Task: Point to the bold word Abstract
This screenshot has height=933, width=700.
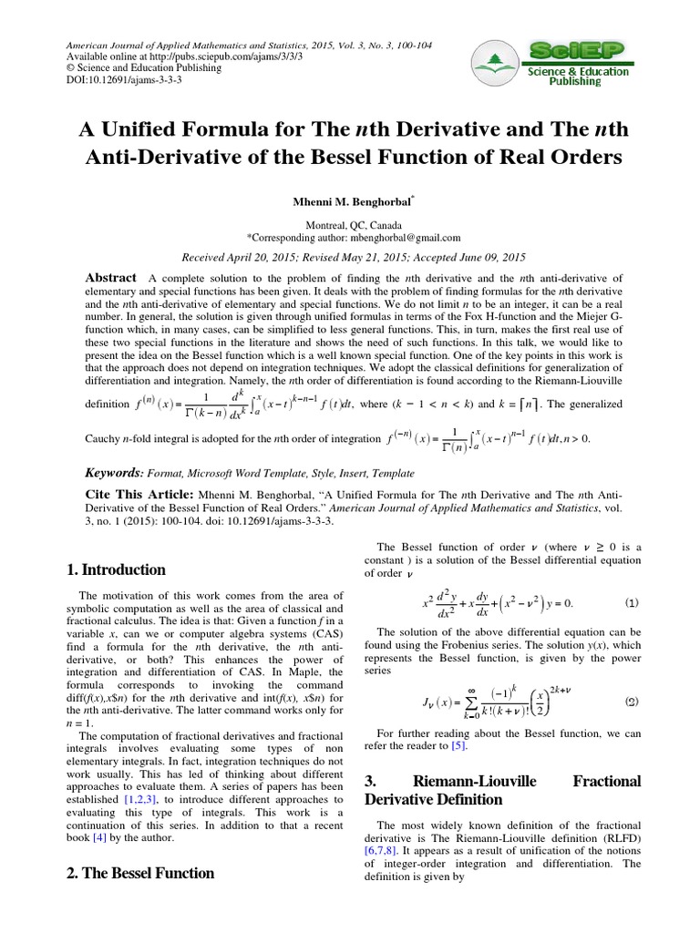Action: [110, 277]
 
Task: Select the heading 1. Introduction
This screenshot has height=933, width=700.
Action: [116, 570]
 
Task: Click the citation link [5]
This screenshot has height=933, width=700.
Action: [459, 745]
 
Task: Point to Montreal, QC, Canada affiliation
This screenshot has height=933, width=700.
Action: [350, 223]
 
